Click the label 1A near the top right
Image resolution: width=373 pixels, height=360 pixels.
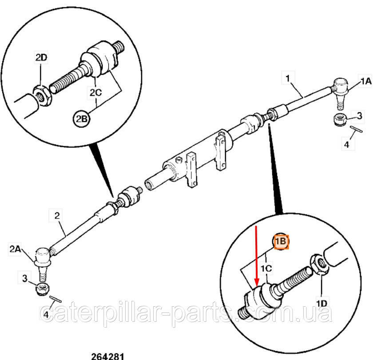(365, 81)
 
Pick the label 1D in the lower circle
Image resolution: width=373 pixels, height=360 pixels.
(321, 303)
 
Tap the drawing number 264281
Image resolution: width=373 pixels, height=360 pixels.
(107, 356)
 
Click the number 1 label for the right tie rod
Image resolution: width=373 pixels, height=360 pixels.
(288, 78)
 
